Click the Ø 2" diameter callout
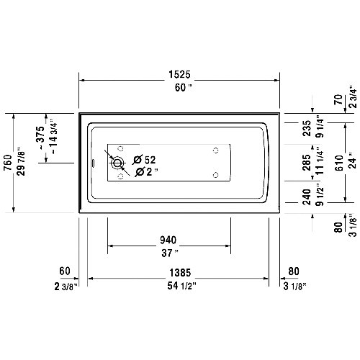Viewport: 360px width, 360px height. [x=143, y=172]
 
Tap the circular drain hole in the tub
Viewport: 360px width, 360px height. [x=117, y=163]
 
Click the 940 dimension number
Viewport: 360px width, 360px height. [x=168, y=240]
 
